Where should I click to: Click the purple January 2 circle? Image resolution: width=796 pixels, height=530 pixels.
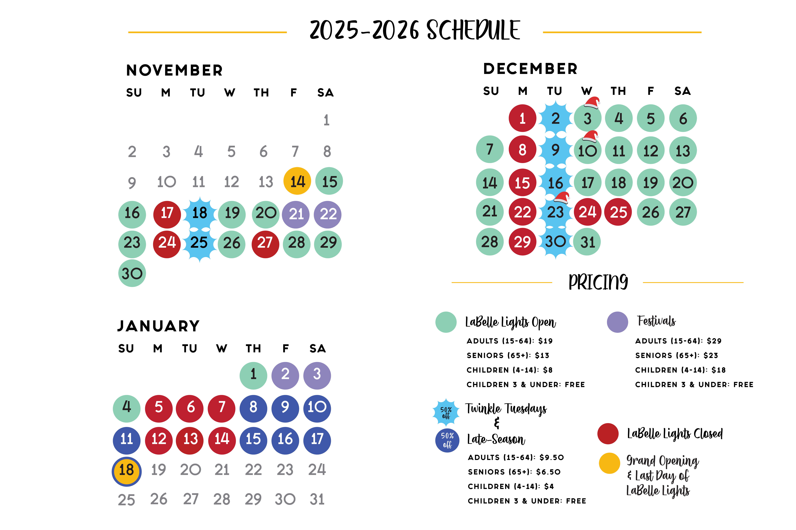285,375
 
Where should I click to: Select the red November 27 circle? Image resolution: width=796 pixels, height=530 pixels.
265,244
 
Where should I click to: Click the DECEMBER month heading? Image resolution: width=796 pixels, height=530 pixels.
530,69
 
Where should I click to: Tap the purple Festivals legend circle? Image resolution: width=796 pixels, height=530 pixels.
617,322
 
